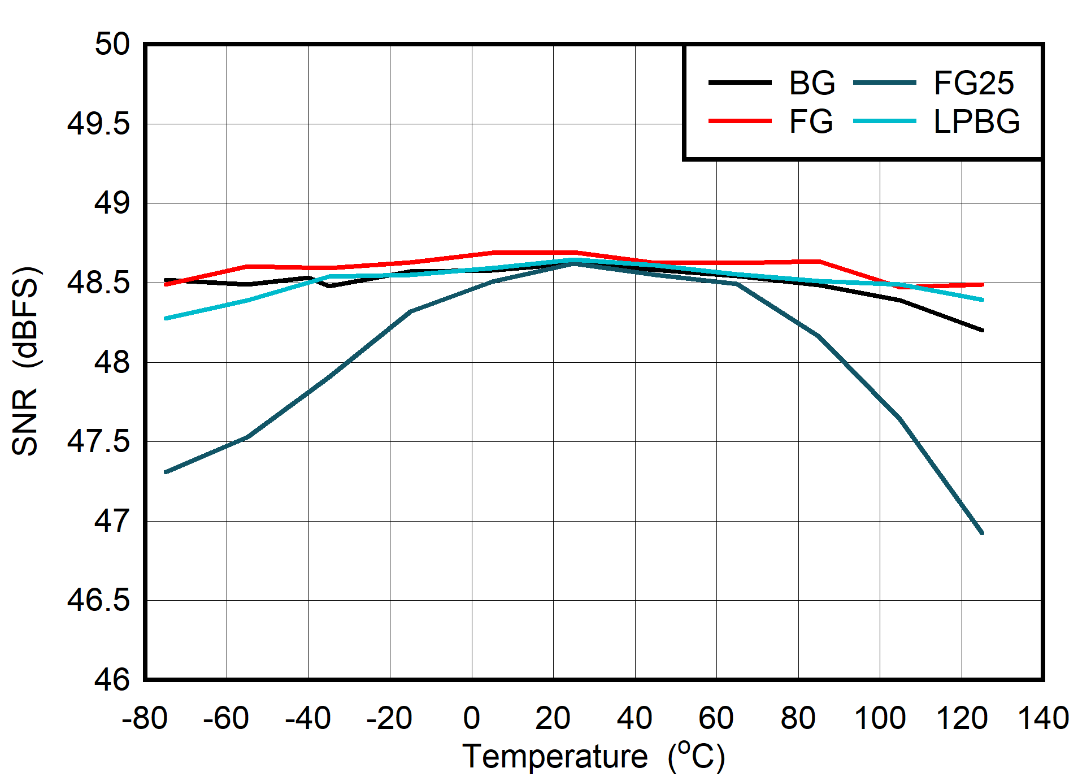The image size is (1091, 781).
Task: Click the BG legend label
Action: tap(811, 83)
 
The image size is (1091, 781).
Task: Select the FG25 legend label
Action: tap(973, 83)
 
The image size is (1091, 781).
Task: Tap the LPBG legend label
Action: tap(976, 121)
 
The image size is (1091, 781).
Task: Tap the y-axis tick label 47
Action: tap(112, 520)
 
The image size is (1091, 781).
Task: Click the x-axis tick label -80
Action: tap(145, 718)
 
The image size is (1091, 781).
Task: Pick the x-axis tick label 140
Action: tap(1043, 718)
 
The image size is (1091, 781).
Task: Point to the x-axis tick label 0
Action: tap(472, 718)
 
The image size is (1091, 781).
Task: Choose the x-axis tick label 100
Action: tap(880, 718)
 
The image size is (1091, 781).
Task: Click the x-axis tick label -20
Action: tap(389, 718)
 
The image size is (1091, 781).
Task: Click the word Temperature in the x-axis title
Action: tap(555, 756)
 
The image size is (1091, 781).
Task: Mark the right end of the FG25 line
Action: tap(983, 533)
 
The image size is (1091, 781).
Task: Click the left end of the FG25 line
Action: tap(166, 472)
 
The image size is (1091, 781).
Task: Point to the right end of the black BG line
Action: tap(983, 330)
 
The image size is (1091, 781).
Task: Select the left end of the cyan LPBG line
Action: tap(166, 319)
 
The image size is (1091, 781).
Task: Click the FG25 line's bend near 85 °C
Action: tap(819, 337)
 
